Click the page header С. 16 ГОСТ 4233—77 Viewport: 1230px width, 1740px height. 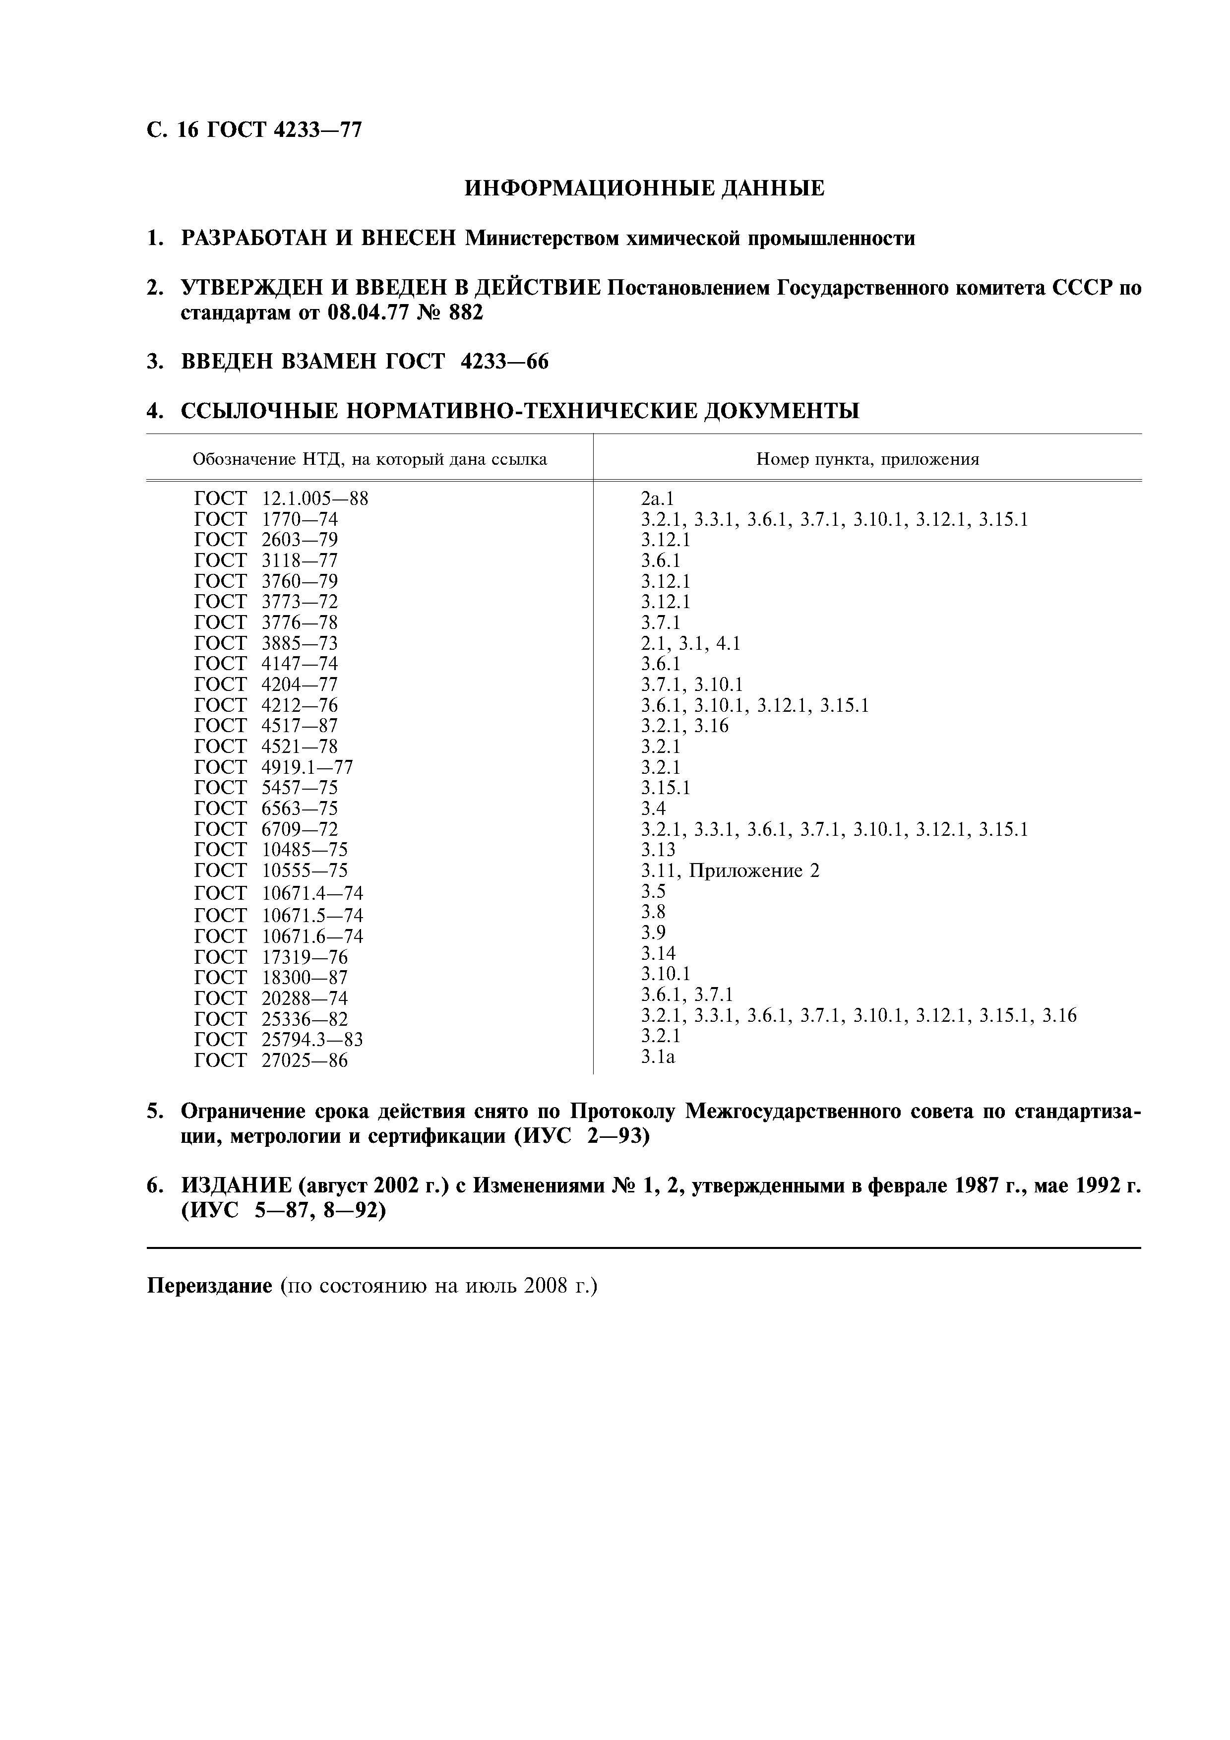[254, 130]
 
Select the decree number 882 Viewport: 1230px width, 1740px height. [465, 312]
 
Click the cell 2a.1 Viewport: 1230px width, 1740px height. [657, 498]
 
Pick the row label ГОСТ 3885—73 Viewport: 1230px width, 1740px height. [266, 643]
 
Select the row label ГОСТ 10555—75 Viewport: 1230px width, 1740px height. [271, 871]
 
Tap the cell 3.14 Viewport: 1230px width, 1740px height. [658, 953]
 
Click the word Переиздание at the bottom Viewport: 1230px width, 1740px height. [208, 1286]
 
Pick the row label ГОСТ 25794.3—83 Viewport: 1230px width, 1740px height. [279, 1039]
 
